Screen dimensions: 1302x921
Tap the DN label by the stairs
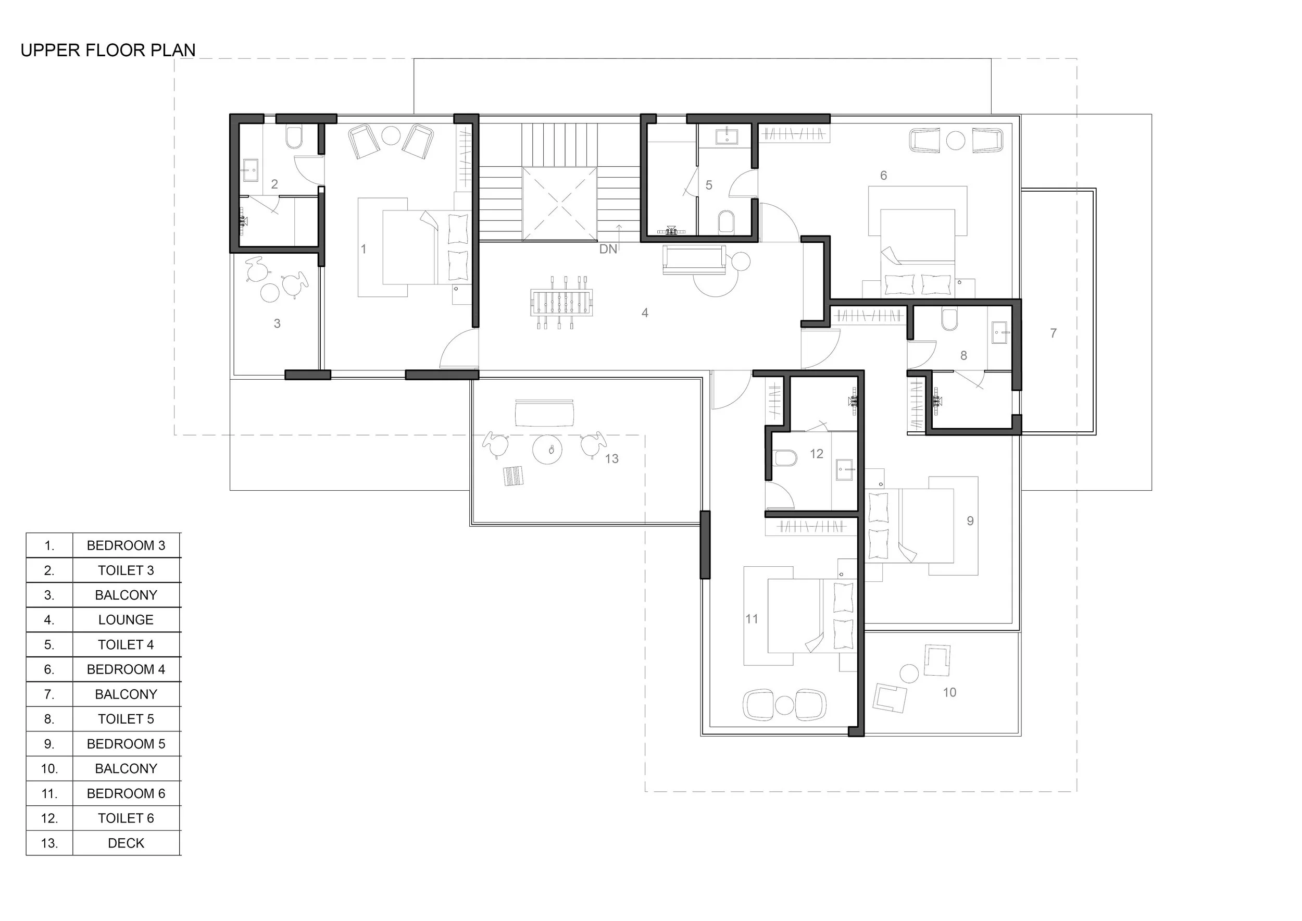pyautogui.click(x=608, y=249)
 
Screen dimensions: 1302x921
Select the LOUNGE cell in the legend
pyautogui.click(x=126, y=619)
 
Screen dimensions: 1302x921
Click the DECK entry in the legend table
pyautogui.click(x=126, y=843)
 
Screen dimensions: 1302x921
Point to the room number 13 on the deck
pyautogui.click(x=611, y=458)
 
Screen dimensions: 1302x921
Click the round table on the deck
pyautogui.click(x=547, y=450)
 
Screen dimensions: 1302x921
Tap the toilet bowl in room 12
pyautogui.click(x=784, y=458)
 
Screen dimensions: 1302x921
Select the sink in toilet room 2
pyautogui.click(x=250, y=170)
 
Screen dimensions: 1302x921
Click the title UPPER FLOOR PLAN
pyautogui.click(x=108, y=50)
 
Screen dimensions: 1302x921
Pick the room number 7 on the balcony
pyautogui.click(x=1053, y=333)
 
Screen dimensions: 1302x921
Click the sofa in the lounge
pyautogui.click(x=695, y=260)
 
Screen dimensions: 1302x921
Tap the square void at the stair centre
pyautogui.click(x=559, y=204)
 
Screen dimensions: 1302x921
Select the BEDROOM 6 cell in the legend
pyautogui.click(x=126, y=793)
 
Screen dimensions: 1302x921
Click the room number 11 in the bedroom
pyautogui.click(x=752, y=619)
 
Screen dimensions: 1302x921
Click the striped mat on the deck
pyautogui.click(x=513, y=476)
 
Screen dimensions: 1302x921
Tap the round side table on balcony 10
pyautogui.click(x=909, y=673)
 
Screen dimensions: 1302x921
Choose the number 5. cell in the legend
pyautogui.click(x=49, y=644)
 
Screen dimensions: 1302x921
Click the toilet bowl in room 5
pyautogui.click(x=726, y=222)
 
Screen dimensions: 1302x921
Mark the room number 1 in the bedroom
pyautogui.click(x=364, y=248)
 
